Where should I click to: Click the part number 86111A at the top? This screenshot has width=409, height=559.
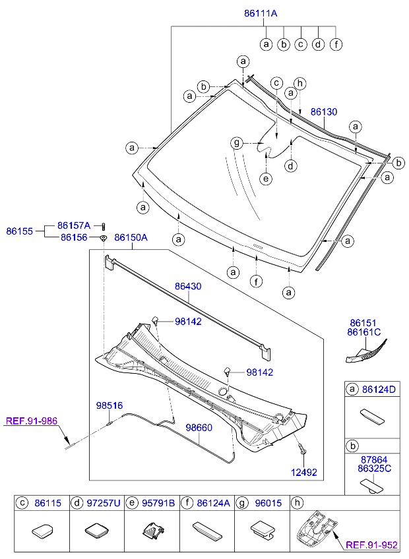tap(261, 13)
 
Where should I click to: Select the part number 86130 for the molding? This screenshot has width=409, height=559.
tap(323, 113)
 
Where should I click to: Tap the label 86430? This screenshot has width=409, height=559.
tap(188, 287)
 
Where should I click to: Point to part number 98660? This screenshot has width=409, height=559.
tap(199, 428)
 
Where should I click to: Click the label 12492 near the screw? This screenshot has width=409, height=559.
tap(304, 472)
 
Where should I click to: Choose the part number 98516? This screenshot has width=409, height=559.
tap(110, 406)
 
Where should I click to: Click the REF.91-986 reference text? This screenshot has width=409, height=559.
tap(32, 420)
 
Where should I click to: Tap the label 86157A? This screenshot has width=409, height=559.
tap(73, 225)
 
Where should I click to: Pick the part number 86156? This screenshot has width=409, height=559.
tap(73, 237)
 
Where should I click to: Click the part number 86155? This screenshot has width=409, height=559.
tap(20, 231)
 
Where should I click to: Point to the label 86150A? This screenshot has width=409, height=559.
tap(131, 237)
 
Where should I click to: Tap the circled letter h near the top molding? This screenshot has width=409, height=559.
tap(300, 83)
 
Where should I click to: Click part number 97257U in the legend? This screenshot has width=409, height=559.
tap(104, 503)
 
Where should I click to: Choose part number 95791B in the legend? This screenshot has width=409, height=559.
tap(158, 503)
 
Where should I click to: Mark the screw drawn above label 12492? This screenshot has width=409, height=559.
tap(302, 450)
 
